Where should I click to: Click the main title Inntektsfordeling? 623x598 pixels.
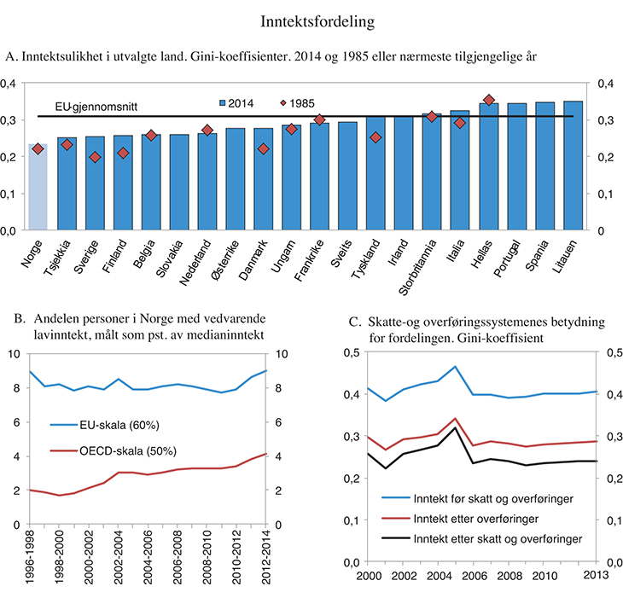point(312,17)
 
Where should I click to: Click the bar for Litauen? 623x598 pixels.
point(574,166)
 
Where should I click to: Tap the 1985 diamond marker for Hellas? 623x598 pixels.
point(489,101)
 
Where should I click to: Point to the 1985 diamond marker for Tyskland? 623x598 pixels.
point(376,137)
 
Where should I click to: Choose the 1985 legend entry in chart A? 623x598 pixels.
point(295,102)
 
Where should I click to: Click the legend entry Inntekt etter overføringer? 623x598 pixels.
point(461,518)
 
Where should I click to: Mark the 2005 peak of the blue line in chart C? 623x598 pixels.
point(456,367)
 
